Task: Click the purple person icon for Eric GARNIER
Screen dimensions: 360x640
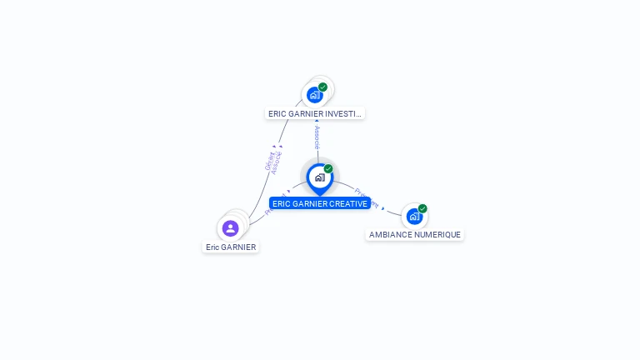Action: coord(231,227)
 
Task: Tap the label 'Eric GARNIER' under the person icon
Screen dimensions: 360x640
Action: coord(231,247)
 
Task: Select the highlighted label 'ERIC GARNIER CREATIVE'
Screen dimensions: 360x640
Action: coord(319,204)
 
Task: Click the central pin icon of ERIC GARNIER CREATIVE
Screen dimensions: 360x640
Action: coord(319,177)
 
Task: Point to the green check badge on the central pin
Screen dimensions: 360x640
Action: coord(328,169)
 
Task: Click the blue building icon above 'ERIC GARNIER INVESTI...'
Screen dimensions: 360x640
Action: coord(314,94)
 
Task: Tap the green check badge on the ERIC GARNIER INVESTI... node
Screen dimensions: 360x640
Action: coord(322,87)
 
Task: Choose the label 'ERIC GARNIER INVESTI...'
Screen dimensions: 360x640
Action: coord(315,113)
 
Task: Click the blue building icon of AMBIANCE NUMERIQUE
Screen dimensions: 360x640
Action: coord(414,216)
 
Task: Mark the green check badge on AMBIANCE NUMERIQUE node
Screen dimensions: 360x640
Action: coord(422,208)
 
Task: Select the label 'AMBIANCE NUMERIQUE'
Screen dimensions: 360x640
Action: coord(415,235)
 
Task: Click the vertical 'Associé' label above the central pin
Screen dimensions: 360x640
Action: coord(317,137)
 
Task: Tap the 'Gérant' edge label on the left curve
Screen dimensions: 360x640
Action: coord(269,161)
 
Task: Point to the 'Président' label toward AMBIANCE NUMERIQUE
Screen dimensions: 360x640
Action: coord(367,197)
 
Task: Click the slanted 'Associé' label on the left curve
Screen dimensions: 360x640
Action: coord(277,162)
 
